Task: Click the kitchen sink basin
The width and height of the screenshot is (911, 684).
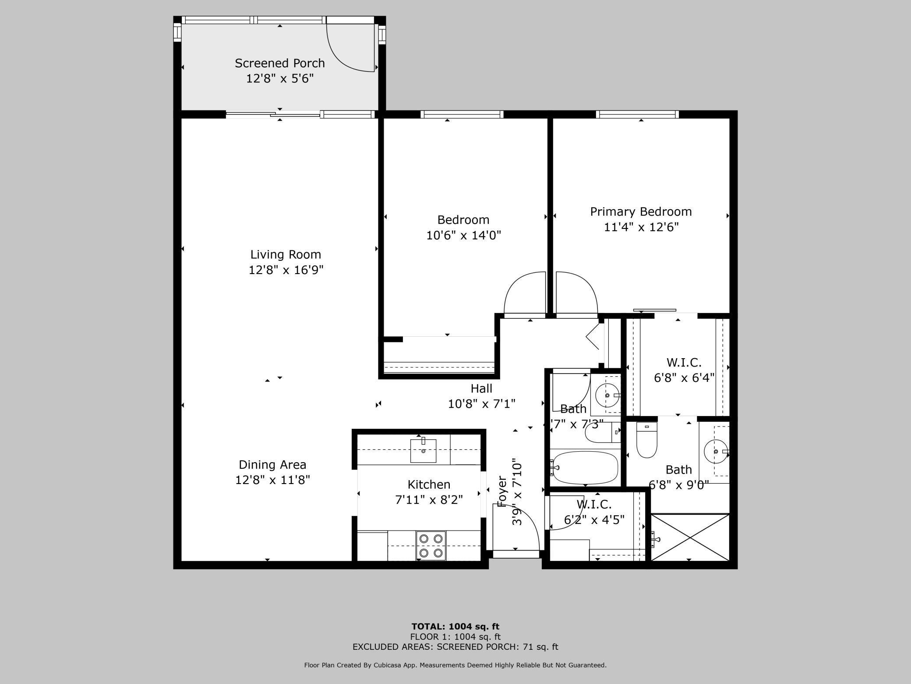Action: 423,451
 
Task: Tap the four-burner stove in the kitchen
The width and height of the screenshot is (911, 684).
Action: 431,545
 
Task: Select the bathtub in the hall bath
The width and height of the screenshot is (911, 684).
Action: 585,467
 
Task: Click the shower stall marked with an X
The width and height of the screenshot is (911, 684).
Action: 690,537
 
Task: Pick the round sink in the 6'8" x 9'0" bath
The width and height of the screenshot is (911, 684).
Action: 716,451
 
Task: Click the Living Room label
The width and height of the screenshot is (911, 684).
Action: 286,254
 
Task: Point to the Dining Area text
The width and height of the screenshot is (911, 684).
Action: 272,464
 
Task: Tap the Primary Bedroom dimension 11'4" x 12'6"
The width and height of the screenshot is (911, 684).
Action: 641,227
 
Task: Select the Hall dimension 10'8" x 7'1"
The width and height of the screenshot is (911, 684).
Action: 481,403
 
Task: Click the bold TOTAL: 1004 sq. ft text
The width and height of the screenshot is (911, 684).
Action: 455,627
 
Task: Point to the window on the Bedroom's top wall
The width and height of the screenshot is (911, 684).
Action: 462,114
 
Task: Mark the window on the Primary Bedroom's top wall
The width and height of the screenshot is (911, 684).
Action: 637,114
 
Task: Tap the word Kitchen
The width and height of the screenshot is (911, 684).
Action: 429,484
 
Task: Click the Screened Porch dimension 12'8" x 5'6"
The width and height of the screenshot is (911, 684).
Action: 280,78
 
